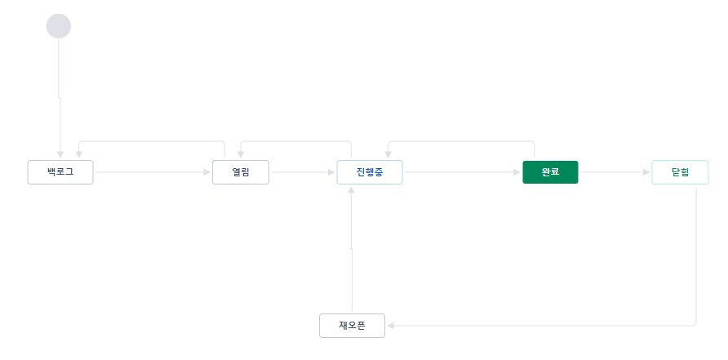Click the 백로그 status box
(60, 172)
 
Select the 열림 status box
(241, 172)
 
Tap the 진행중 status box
(369, 172)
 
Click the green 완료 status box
(550, 172)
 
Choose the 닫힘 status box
(680, 172)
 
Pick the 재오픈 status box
(352, 326)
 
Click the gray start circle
(59, 26)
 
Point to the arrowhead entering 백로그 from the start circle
(60, 155)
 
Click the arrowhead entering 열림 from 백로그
(207, 172)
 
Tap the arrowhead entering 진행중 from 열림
(332, 172)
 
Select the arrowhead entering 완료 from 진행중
(517, 172)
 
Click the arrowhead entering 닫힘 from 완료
(646, 172)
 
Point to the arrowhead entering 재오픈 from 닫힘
(390, 326)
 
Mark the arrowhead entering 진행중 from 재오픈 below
(351, 189)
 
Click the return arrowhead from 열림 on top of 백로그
(78, 155)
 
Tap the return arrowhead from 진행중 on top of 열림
(241, 155)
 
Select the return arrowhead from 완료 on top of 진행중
(388, 155)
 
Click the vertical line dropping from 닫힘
(697, 253)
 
